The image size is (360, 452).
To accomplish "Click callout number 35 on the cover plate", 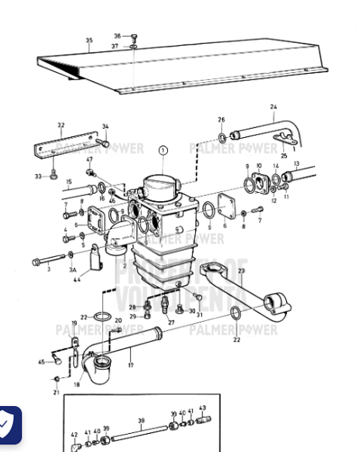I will coord(89,41).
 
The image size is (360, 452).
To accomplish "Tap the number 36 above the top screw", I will coord(117,35).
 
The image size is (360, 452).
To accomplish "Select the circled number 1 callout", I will coord(163,151).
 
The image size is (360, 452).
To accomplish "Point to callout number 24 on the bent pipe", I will coord(273,107).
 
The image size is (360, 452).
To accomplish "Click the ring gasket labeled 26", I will coord(222,137).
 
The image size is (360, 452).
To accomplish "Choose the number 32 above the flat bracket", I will coord(61,125).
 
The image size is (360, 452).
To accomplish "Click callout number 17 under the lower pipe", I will coord(130,365).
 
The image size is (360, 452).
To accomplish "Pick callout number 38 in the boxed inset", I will coord(142,421).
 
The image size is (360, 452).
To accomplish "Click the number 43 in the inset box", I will coord(203,408).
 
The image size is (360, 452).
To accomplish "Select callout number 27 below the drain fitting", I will coord(171,322).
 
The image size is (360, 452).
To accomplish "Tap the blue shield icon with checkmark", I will coord(8,426).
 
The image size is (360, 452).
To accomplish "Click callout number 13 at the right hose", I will coord(297,163).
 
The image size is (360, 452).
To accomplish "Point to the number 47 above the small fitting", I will coord(90,160).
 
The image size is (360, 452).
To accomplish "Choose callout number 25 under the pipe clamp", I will coord(284,156).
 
